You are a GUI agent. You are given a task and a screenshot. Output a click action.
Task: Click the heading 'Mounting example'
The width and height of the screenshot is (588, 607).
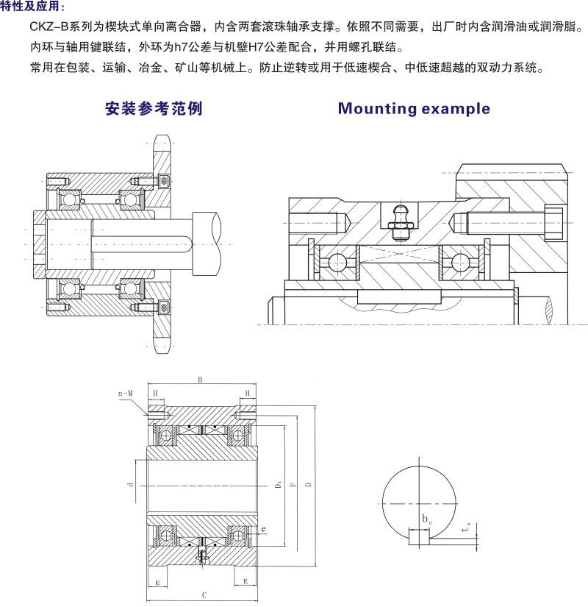click(413, 109)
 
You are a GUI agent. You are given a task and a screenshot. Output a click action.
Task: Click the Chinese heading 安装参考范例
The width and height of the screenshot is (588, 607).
click(154, 109)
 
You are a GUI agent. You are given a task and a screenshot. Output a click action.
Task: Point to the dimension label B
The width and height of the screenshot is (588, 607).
click(199, 380)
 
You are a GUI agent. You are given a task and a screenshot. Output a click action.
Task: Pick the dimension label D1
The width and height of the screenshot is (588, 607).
click(278, 485)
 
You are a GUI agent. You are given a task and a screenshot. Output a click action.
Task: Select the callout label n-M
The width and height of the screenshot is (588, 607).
click(126, 394)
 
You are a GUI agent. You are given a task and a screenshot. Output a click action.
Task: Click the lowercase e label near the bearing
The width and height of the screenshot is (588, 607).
click(262, 529)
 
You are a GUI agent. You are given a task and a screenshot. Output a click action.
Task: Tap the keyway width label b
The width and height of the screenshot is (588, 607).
click(426, 519)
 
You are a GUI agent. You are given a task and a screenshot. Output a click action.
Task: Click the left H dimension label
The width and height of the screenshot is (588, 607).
click(155, 394)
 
